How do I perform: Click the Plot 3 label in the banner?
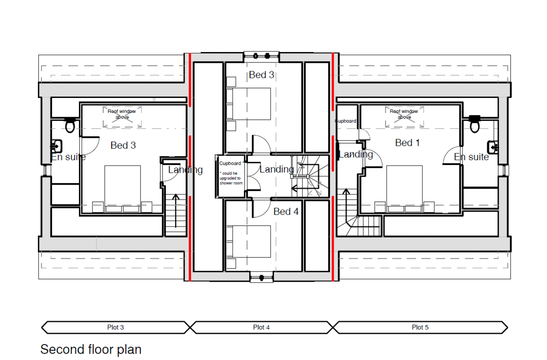115,327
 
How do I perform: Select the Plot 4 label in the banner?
261,327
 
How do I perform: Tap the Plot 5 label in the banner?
420,327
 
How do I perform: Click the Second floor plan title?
91,349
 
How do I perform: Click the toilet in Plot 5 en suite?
475,124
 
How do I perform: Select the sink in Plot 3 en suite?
57,146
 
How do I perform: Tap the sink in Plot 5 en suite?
493,147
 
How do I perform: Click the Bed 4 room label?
286,211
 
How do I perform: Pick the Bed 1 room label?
408,143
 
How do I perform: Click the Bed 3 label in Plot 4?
262,75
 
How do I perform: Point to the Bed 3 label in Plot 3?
123,145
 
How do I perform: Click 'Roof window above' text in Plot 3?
122,114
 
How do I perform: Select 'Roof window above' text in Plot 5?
404,114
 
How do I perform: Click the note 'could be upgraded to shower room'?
231,178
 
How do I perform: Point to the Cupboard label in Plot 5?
346,121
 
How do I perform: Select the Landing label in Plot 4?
277,169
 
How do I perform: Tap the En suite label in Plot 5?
471,157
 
